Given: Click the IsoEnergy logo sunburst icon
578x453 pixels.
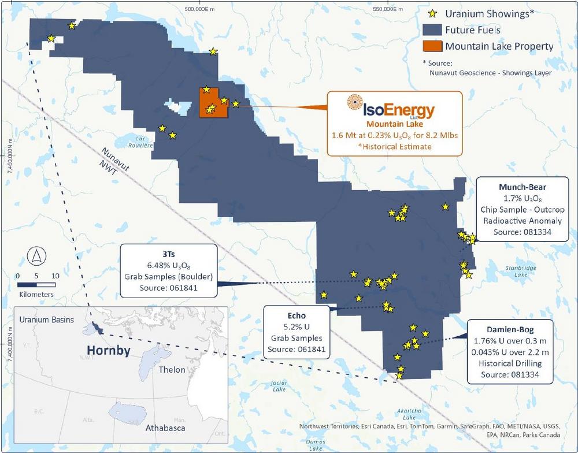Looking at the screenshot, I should tap(355, 103).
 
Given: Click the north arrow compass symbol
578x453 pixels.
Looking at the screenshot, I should tap(36, 254).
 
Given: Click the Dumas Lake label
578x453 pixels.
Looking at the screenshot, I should tap(317, 445).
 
